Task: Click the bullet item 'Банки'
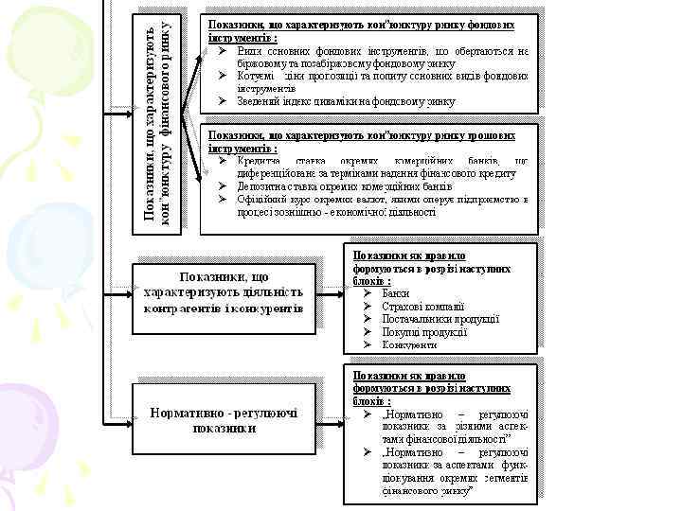coord(396,293)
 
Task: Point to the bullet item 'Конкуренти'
coord(409,344)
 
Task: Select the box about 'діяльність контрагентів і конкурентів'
coord(224,292)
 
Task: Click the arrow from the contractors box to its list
coord(331,292)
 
